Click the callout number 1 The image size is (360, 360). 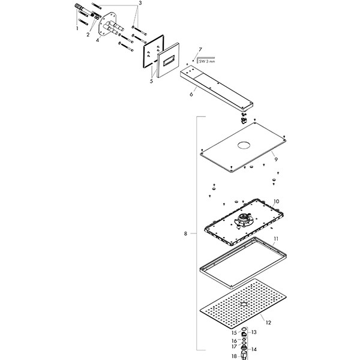77,28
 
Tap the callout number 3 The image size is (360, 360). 139,3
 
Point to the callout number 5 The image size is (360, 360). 151,80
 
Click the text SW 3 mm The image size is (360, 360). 206,61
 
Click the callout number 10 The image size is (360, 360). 276,202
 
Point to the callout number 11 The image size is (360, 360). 276,239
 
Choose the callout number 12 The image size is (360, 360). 268,323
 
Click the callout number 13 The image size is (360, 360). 254,332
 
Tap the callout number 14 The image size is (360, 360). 254,349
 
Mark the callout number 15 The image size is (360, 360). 235,332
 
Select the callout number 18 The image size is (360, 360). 235,356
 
